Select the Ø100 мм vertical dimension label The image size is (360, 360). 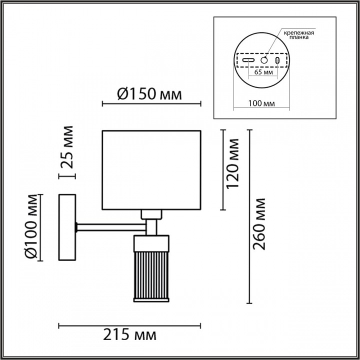click(x=31, y=226)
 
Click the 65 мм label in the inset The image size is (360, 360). click(x=263, y=72)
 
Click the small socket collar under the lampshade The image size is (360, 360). click(x=152, y=214)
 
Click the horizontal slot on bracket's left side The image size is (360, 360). click(x=248, y=60)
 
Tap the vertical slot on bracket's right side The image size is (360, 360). click(x=277, y=60)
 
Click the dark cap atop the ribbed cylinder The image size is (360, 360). click(x=152, y=243)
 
